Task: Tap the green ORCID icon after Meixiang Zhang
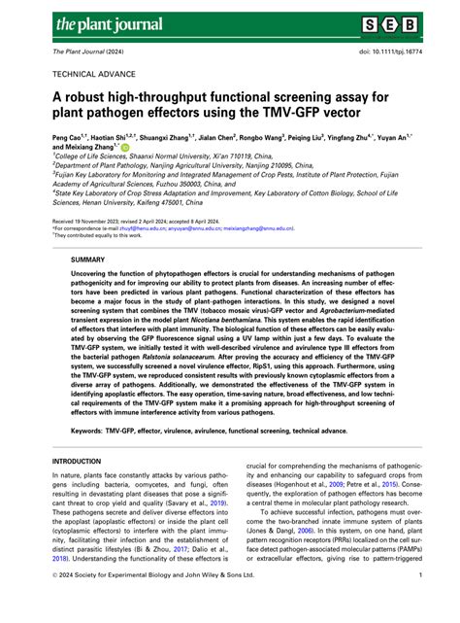(125, 148)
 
